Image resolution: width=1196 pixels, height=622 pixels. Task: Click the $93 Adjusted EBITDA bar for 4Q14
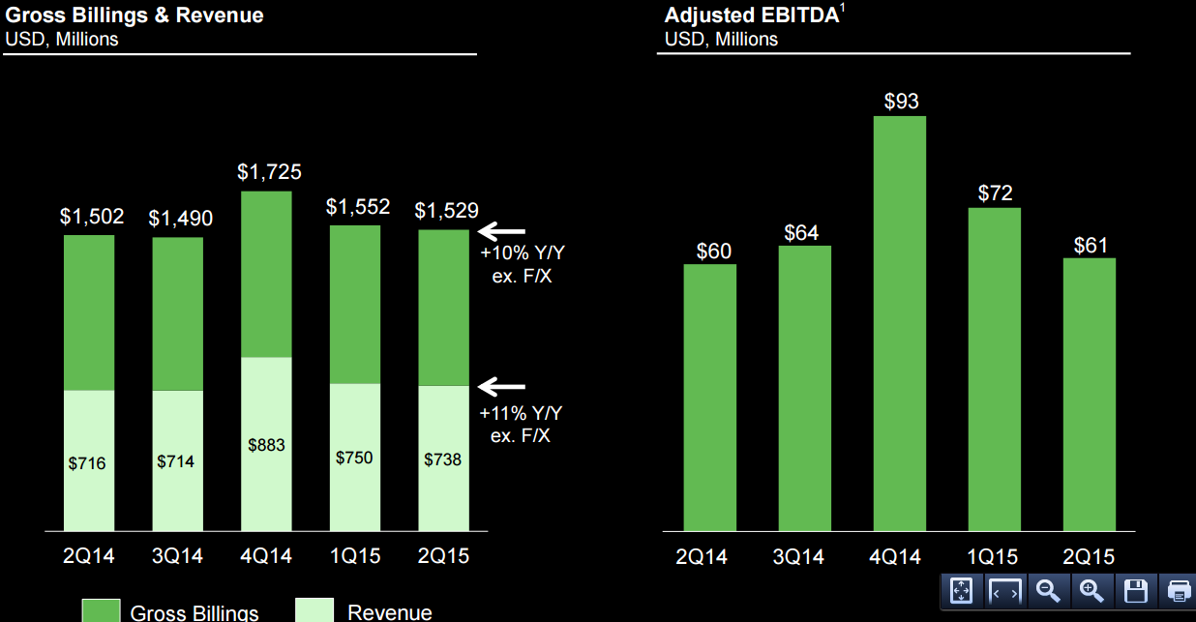click(x=900, y=323)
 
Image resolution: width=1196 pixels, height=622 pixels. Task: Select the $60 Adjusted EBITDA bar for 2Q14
click(x=710, y=398)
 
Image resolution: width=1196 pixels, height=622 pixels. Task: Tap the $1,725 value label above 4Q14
click(x=269, y=172)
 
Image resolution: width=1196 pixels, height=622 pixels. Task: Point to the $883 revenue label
click(x=266, y=445)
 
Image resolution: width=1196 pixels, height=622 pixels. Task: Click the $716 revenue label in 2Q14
click(x=87, y=463)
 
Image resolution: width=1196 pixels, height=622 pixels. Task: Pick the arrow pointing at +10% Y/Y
click(x=501, y=231)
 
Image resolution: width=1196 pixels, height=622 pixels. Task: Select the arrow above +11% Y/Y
click(x=501, y=387)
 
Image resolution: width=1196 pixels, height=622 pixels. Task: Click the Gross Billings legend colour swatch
click(x=101, y=610)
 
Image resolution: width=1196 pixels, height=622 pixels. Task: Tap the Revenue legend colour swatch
click(x=314, y=609)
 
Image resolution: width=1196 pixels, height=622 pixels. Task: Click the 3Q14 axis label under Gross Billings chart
click(x=177, y=556)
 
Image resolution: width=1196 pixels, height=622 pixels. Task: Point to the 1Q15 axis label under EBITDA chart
click(x=993, y=557)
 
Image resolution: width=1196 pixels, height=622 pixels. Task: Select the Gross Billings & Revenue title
click(x=134, y=15)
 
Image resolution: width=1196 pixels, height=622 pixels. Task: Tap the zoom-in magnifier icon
click(x=1091, y=591)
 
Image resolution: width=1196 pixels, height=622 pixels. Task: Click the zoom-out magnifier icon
click(x=1048, y=591)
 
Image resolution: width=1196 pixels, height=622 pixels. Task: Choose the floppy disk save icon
click(x=1136, y=591)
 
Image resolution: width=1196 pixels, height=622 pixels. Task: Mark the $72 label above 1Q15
click(x=996, y=193)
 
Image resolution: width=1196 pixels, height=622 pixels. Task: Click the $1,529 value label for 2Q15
click(x=446, y=210)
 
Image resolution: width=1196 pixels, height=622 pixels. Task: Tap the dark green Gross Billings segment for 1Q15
click(x=355, y=305)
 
